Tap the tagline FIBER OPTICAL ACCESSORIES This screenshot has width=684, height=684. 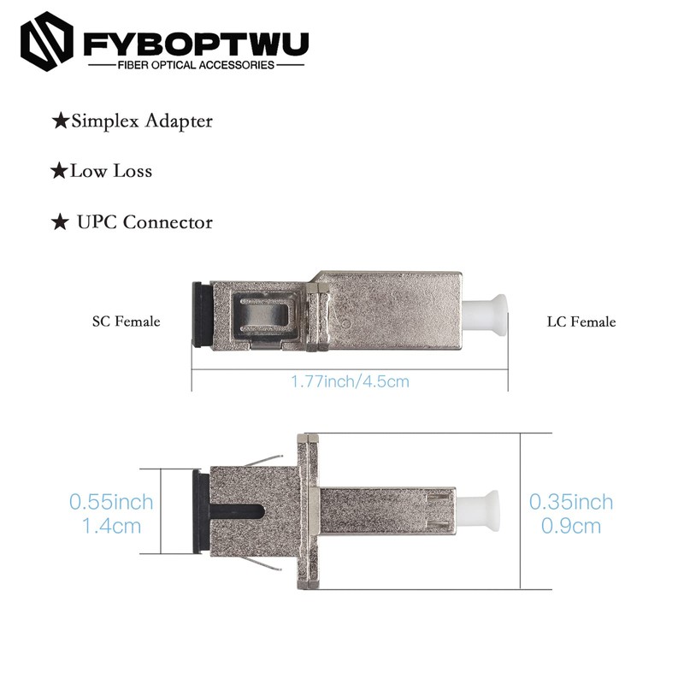tap(196, 65)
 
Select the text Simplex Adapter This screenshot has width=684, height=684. tap(141, 121)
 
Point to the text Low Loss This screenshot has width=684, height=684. tap(111, 171)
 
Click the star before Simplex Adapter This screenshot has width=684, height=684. tap(60, 121)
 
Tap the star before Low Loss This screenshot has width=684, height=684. tap(59, 172)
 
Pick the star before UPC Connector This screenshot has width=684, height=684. tap(60, 223)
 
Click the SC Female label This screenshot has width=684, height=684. tap(127, 322)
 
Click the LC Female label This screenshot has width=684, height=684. tap(581, 322)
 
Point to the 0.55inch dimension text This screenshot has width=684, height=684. tap(111, 500)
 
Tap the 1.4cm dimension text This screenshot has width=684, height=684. tap(111, 525)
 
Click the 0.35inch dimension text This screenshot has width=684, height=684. tap(571, 500)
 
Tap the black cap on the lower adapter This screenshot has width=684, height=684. tap(201, 513)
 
